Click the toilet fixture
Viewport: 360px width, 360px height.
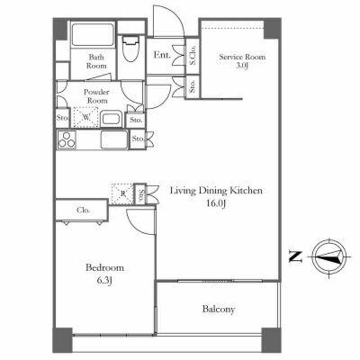click(x=130, y=48)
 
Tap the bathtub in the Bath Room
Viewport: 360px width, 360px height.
click(x=93, y=35)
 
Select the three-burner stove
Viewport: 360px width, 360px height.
click(x=66, y=139)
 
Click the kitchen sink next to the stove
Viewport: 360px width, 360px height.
click(x=114, y=139)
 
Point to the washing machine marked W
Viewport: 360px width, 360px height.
click(x=86, y=117)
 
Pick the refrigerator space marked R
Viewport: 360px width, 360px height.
click(x=123, y=194)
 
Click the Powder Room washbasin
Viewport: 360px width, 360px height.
click(x=111, y=119)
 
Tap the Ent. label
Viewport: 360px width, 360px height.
click(x=162, y=55)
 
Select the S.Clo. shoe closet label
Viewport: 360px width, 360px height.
click(x=192, y=56)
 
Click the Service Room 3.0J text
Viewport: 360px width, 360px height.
click(x=242, y=61)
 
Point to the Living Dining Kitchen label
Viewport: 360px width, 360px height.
click(x=216, y=191)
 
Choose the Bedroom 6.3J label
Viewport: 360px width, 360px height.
click(x=105, y=274)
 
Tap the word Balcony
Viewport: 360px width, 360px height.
click(x=219, y=309)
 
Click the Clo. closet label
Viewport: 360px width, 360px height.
click(x=83, y=210)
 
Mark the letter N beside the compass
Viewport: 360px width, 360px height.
click(x=295, y=256)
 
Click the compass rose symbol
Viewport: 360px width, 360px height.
click(x=330, y=257)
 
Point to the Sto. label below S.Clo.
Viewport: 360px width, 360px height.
click(x=192, y=86)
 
